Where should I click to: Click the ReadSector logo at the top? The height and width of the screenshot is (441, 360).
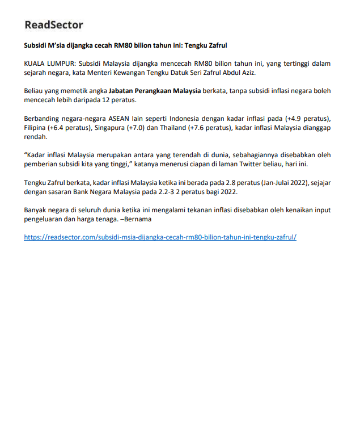[54, 25]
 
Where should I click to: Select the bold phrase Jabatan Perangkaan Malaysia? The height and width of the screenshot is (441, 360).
[155, 91]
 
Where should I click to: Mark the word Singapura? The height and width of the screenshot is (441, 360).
[111, 128]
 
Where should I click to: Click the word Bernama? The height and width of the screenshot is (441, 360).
[137, 219]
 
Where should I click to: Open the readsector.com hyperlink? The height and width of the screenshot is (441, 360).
[160, 237]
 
